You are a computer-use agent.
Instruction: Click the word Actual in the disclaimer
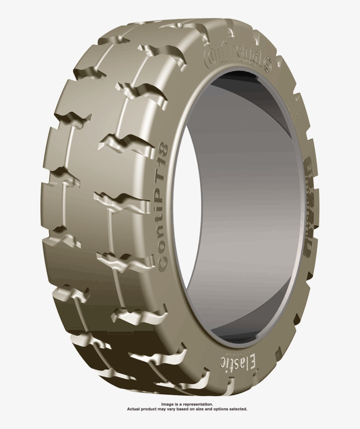[133, 409]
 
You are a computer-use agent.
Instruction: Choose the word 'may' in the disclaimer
[166, 409]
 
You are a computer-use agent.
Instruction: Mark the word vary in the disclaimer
[176, 409]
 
